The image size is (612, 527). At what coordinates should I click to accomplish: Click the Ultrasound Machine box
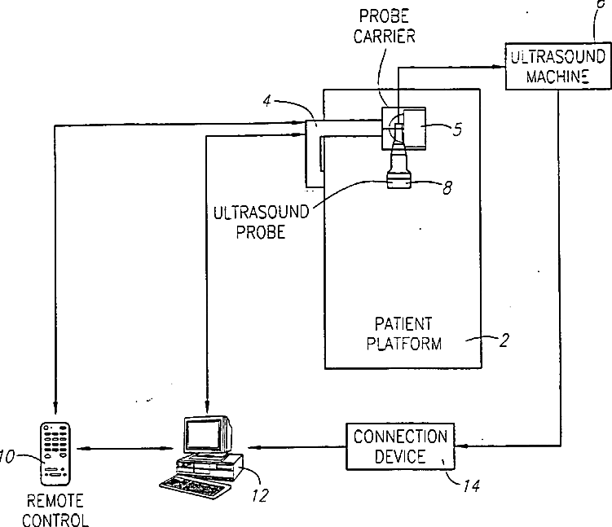pyautogui.click(x=557, y=66)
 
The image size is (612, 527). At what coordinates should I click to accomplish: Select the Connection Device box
pyautogui.click(x=400, y=446)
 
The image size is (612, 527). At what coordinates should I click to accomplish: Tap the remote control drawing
pyautogui.click(x=55, y=454)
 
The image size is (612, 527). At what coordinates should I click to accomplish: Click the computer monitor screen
pyautogui.click(x=203, y=435)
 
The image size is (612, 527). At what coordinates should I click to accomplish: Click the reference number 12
pyautogui.click(x=260, y=495)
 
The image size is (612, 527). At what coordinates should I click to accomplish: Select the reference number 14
pyautogui.click(x=472, y=485)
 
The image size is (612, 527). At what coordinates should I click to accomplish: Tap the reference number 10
pyautogui.click(x=7, y=456)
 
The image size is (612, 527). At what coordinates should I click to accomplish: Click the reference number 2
pyautogui.click(x=504, y=340)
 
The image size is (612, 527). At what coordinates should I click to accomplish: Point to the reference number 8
pyautogui.click(x=447, y=188)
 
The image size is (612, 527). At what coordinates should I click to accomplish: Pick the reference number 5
pyautogui.click(x=457, y=130)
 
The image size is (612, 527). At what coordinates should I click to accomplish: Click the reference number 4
pyautogui.click(x=267, y=102)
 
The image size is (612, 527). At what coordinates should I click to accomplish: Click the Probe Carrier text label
pyautogui.click(x=384, y=26)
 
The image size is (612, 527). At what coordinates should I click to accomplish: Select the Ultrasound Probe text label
pyautogui.click(x=261, y=222)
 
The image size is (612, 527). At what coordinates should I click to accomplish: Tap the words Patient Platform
pyautogui.click(x=404, y=334)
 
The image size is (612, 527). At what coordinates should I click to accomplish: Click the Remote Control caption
pyautogui.click(x=55, y=510)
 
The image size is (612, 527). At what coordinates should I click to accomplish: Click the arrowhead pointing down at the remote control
pyautogui.click(x=55, y=406)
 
